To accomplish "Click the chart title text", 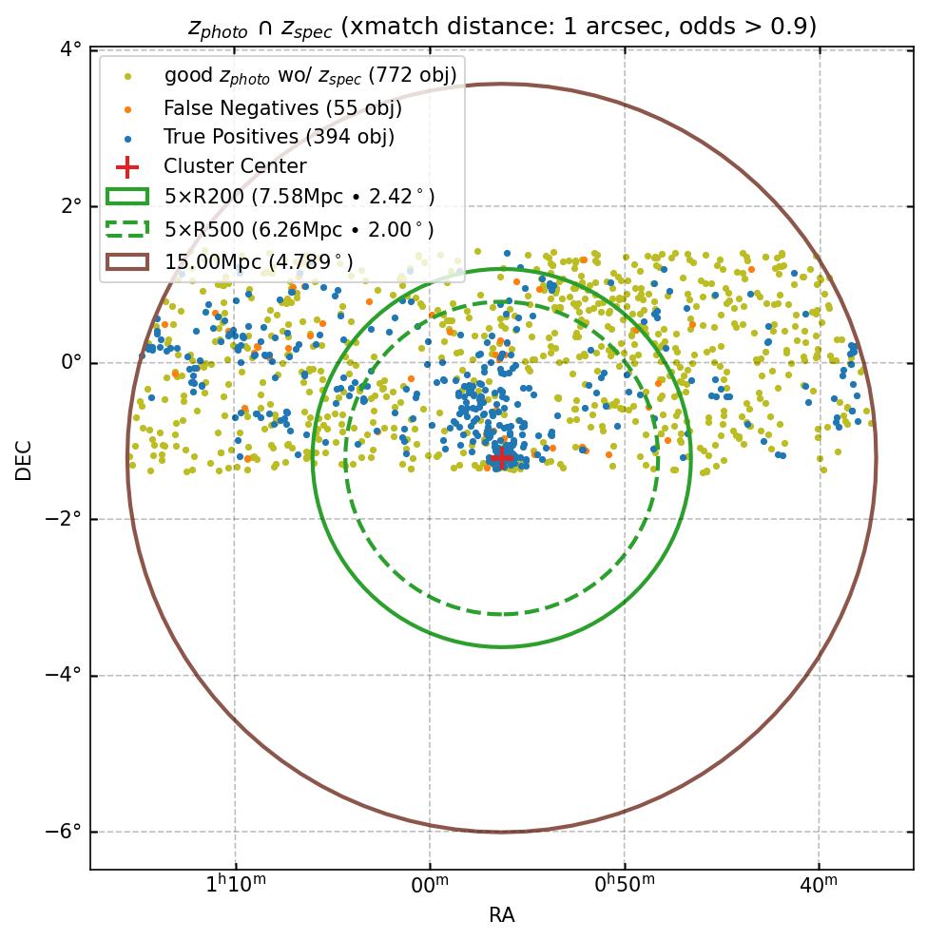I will (x=502, y=27).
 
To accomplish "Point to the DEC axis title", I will (x=24, y=460).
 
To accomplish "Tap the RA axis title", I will (x=502, y=915).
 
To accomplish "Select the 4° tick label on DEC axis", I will (x=69, y=49).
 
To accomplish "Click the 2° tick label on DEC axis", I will (x=69, y=206).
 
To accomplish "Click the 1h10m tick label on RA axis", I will (x=236, y=887).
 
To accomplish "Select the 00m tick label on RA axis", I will (x=430, y=887).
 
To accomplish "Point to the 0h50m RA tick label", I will (x=624, y=887).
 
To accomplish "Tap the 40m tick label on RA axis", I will (x=819, y=887).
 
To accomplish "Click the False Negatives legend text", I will (x=282, y=107).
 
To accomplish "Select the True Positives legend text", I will (x=279, y=137).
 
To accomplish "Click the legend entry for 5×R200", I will (x=299, y=197).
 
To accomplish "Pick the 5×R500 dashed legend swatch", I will (x=126, y=229).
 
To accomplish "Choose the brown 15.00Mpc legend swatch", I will (x=126, y=261).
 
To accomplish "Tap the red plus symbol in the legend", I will (x=126, y=166).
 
